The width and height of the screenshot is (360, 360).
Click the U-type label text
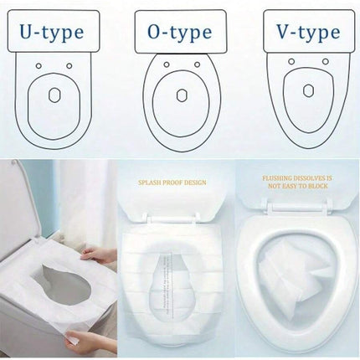point(52,33)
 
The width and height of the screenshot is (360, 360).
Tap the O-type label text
point(179,33)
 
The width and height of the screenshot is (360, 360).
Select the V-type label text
point(308,32)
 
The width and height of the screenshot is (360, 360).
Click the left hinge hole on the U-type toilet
point(39,66)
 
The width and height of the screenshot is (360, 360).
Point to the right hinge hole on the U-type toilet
point(69,66)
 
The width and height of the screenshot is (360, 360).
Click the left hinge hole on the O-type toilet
point(167,64)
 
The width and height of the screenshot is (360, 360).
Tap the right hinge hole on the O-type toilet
point(197,64)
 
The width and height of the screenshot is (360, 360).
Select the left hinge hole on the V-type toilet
point(291,61)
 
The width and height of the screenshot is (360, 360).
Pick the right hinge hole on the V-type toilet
point(326,61)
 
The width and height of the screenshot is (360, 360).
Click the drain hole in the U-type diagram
point(54,95)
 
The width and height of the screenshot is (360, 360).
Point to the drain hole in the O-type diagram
point(182,95)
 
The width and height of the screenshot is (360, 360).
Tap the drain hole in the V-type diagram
point(308,90)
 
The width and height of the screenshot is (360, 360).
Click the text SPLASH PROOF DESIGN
point(172,183)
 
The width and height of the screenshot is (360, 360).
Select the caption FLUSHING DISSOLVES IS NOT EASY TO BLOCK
point(297,182)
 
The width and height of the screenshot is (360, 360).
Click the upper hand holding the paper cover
point(97,255)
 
